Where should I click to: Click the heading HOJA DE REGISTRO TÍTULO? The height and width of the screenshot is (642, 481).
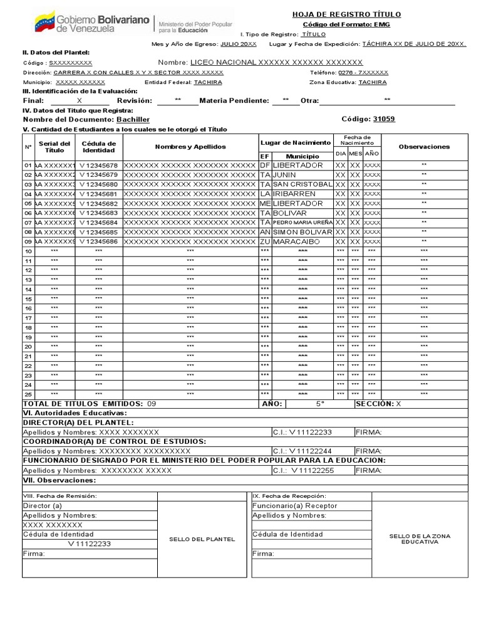346,14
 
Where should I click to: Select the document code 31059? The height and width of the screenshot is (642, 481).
384,119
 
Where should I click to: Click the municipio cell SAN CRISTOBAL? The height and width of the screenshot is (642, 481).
303,184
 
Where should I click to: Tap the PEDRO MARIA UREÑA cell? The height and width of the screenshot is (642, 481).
303,223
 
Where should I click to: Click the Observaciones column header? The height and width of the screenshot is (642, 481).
424,147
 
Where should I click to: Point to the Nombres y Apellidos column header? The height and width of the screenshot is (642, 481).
190,147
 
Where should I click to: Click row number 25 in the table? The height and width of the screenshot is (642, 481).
28,394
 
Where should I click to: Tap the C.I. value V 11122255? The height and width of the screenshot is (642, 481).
312,470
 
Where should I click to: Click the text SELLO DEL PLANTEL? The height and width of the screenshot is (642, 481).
203,539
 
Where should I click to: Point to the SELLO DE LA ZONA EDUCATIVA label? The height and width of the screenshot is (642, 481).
420,539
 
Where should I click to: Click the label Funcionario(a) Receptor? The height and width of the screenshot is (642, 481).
294,505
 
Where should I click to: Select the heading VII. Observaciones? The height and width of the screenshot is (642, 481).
59,480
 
